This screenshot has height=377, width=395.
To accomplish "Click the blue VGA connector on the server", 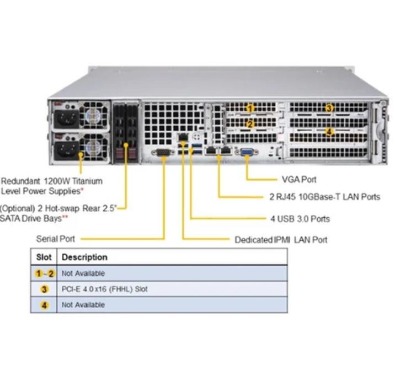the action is [x=247, y=152].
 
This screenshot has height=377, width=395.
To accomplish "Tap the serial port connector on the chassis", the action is [x=163, y=152].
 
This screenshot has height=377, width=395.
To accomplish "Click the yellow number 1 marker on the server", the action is [x=250, y=108].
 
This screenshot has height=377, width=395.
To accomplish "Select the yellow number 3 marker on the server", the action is [x=329, y=108].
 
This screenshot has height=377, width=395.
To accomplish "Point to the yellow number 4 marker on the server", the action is [x=329, y=131].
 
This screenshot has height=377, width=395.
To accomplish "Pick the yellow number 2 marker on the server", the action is [x=250, y=124].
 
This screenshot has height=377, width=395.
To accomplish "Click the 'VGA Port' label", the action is [x=299, y=180].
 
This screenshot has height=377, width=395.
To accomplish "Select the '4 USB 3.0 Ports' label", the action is [x=300, y=219].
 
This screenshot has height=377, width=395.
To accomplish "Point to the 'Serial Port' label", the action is [x=55, y=239].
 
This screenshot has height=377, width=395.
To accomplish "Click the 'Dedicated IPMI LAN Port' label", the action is [x=281, y=240].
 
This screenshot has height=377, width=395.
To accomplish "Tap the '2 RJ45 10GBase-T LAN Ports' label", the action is [x=324, y=197].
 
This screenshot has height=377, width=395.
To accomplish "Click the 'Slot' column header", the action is [x=44, y=257].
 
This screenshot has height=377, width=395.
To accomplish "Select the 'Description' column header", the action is [x=84, y=257].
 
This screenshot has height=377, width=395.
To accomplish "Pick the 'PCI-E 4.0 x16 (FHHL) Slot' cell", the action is [x=105, y=289].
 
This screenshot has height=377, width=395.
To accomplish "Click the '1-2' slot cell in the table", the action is [x=45, y=273].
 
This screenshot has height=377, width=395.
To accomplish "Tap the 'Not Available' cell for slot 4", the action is [x=83, y=305].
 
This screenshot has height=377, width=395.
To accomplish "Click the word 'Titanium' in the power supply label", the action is [x=87, y=181].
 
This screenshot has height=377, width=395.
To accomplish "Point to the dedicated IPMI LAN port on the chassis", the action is [x=183, y=137].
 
